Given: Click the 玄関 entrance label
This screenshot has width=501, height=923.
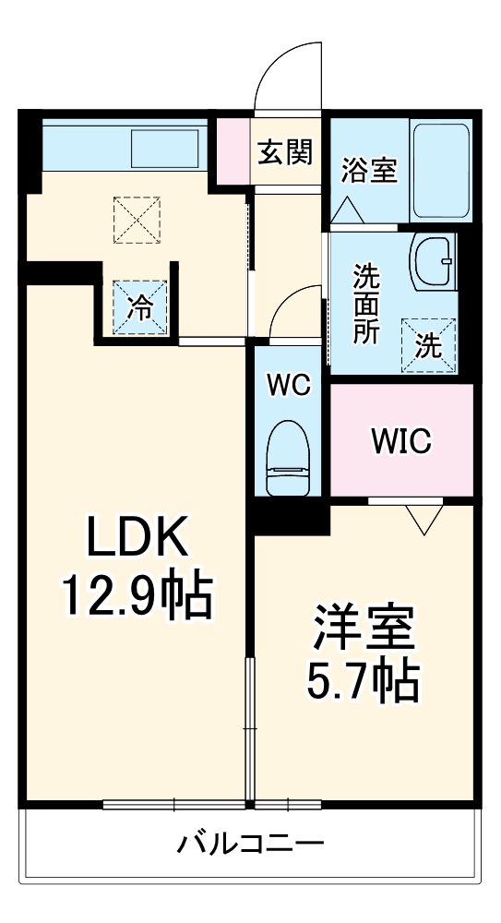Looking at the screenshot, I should click(x=283, y=150).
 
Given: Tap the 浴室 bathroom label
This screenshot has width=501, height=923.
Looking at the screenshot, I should click(x=369, y=170).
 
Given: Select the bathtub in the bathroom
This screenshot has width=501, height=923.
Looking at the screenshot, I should click(x=441, y=170).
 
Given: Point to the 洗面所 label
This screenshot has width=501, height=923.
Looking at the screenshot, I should click(x=366, y=304).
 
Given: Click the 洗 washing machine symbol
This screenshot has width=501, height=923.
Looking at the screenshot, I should click(x=429, y=344).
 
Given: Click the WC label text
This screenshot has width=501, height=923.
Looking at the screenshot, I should click(x=289, y=384).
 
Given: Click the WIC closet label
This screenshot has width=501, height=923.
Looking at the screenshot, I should click(x=401, y=441).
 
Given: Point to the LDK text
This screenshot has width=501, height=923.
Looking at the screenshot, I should click(x=137, y=536).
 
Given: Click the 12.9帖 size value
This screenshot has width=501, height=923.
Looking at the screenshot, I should click(x=137, y=594).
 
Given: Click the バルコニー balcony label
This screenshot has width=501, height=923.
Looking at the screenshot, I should click(x=249, y=843).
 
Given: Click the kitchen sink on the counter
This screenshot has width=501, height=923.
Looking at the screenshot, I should click(x=167, y=148).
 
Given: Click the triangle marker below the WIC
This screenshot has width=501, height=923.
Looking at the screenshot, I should click(x=424, y=519).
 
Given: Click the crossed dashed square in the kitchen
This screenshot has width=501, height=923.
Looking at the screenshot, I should click(x=136, y=219).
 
